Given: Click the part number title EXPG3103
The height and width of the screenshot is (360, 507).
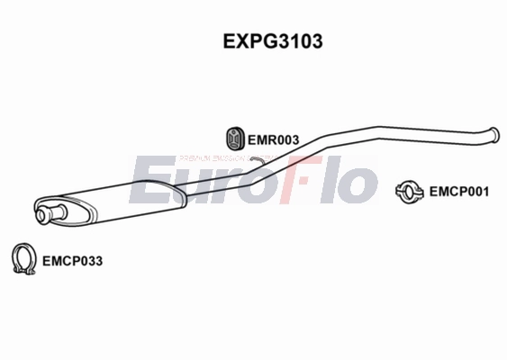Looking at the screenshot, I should click(x=261, y=41).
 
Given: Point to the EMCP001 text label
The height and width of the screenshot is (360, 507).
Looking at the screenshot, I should click(x=458, y=191).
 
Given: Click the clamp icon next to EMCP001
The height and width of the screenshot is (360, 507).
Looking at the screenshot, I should click(x=411, y=191).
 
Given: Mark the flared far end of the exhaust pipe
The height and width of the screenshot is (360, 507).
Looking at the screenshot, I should click(x=492, y=135).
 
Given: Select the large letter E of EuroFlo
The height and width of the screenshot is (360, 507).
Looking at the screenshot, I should click(x=148, y=180).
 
